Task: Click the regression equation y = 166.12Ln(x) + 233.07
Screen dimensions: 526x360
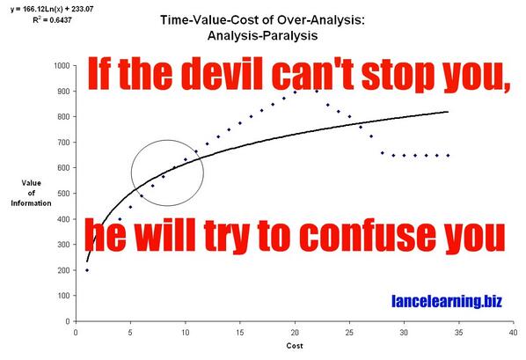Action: (x=52, y=10)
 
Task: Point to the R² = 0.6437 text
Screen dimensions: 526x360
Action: (x=52, y=20)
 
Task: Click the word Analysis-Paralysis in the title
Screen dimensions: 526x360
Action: (x=262, y=35)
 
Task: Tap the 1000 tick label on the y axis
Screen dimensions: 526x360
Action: (x=62, y=65)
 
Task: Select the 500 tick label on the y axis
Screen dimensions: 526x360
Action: (x=63, y=194)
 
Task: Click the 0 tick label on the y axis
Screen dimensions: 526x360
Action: (x=68, y=321)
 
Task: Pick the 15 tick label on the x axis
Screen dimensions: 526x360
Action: (x=240, y=333)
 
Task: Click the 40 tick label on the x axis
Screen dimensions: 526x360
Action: (x=514, y=333)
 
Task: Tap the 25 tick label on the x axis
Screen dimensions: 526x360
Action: (x=349, y=333)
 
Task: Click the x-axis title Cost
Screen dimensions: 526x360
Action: (x=295, y=346)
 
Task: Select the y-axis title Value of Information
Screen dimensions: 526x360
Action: (x=31, y=193)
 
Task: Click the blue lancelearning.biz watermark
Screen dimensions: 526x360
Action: (x=447, y=301)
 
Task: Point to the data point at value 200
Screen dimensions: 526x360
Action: (x=87, y=270)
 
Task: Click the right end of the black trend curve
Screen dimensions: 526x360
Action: (x=449, y=112)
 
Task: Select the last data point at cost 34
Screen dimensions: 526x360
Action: (x=449, y=156)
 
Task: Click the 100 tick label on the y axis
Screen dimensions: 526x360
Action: (x=63, y=296)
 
